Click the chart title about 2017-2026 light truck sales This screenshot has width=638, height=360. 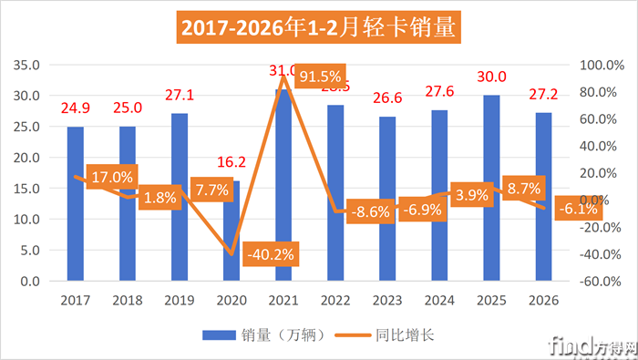pos(318,27)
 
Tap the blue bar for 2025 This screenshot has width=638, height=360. pos(491,191)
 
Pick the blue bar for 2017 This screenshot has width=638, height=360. pos(75,205)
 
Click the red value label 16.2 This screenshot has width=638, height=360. pos(231,163)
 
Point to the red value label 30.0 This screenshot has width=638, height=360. pos(491,77)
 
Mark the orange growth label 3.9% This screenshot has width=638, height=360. pos(472,194)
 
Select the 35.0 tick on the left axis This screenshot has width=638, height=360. pos(26,65)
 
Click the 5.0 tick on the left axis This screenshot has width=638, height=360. pos(29,251)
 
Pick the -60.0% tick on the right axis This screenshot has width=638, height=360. pos(592,282)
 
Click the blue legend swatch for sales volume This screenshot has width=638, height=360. pos(220,334)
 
